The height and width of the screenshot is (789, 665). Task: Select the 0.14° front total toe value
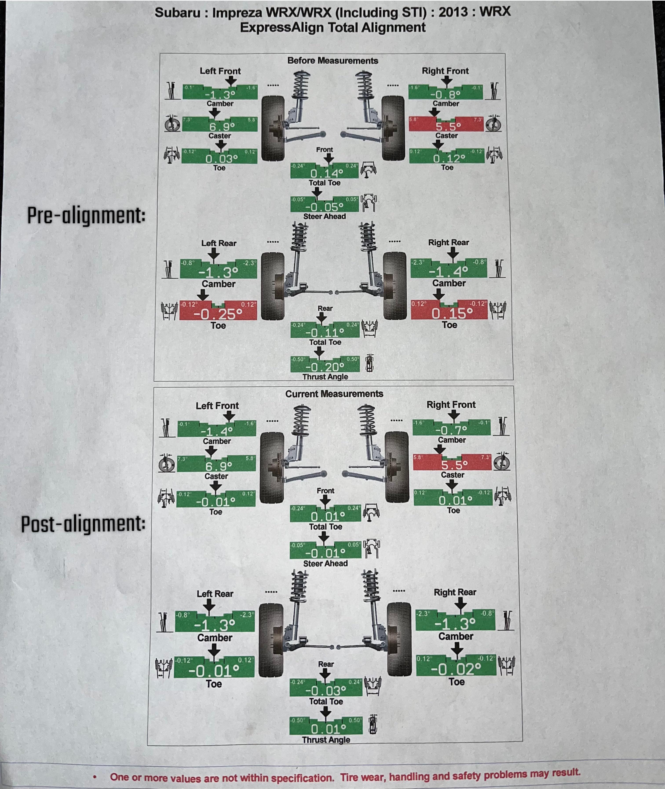tap(327, 173)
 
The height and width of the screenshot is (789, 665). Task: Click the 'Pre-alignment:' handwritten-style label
tap(86, 215)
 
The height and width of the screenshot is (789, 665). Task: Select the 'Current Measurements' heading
tap(334, 394)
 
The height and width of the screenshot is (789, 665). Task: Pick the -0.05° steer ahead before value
tap(324, 207)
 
